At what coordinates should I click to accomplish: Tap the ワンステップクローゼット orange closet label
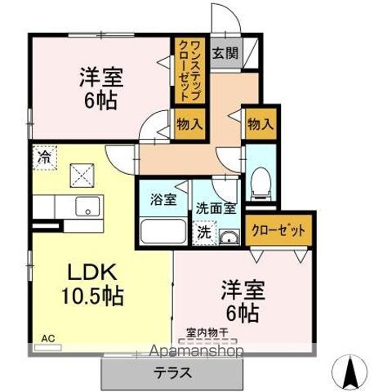pos(186,71)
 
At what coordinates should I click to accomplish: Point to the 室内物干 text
pos(206,332)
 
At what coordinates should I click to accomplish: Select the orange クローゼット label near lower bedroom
pos(278,231)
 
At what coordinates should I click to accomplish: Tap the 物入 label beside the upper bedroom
pos(189,124)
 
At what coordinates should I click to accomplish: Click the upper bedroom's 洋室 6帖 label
pos(100,89)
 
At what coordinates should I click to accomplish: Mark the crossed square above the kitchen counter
pos(81,173)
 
